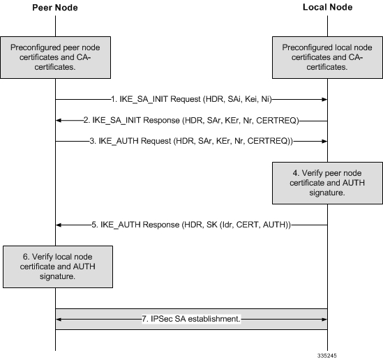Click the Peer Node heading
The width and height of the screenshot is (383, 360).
[x=55, y=8]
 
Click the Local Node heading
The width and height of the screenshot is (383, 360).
[x=328, y=7]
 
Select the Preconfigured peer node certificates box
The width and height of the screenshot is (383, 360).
[x=55, y=57]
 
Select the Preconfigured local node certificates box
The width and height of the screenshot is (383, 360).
[x=327, y=57]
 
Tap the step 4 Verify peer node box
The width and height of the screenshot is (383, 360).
[x=327, y=183]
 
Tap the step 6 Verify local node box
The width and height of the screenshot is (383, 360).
[x=58, y=267]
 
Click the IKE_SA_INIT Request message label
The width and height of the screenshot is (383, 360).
[x=191, y=99]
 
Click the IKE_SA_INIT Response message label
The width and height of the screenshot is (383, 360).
[x=191, y=120]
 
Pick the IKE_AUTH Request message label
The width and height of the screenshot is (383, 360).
[x=191, y=141]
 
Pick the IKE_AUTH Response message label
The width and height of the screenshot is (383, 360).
[x=191, y=225]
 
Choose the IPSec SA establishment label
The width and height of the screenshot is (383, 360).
[x=191, y=319]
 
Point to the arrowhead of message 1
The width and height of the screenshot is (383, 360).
[x=324, y=99]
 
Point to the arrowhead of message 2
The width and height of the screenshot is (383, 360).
[x=59, y=121]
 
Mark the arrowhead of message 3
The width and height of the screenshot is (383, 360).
[x=324, y=142]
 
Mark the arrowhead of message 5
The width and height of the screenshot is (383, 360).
[x=59, y=225]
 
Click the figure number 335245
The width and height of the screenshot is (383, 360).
[x=327, y=356]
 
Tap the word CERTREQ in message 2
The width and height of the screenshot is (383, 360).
[x=276, y=120]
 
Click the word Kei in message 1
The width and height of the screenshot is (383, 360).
[x=251, y=99]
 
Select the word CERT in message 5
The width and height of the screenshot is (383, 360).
[x=247, y=225]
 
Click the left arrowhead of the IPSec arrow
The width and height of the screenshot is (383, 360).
[x=59, y=320]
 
